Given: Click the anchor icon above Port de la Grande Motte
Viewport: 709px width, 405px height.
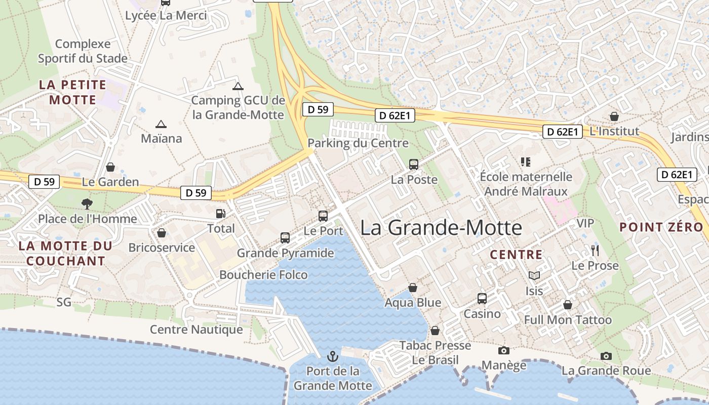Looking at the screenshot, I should (x=333, y=356).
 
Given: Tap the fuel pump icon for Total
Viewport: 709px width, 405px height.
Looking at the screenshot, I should (x=220, y=214).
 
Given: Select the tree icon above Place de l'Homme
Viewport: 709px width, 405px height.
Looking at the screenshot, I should (x=87, y=204).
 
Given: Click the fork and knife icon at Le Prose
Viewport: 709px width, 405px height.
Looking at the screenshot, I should (x=595, y=250).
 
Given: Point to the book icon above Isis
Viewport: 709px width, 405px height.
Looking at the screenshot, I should (x=534, y=275).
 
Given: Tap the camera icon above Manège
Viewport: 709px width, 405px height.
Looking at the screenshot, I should (x=503, y=350).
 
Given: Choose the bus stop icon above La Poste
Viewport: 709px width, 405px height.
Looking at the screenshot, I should (x=414, y=164).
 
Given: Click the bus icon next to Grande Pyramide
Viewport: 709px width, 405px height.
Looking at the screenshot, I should (x=285, y=237).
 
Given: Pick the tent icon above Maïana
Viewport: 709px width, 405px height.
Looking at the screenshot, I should (x=161, y=124).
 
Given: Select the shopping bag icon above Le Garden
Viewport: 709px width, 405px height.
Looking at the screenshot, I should (x=110, y=167).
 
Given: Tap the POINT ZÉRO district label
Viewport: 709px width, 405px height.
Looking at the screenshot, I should (x=661, y=227).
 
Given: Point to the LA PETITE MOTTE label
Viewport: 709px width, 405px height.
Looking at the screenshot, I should (x=73, y=92).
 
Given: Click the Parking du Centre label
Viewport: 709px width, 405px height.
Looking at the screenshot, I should (x=358, y=143).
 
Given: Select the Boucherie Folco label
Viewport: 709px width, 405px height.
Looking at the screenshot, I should (x=263, y=275).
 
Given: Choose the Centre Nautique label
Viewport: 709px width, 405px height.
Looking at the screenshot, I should (x=196, y=330).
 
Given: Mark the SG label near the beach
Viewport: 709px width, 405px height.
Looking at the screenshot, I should (x=64, y=302).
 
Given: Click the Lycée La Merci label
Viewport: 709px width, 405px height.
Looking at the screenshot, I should (x=166, y=16).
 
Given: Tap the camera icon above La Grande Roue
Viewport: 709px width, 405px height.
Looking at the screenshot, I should (x=606, y=356).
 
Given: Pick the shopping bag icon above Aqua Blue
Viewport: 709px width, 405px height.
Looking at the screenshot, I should (x=413, y=288).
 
